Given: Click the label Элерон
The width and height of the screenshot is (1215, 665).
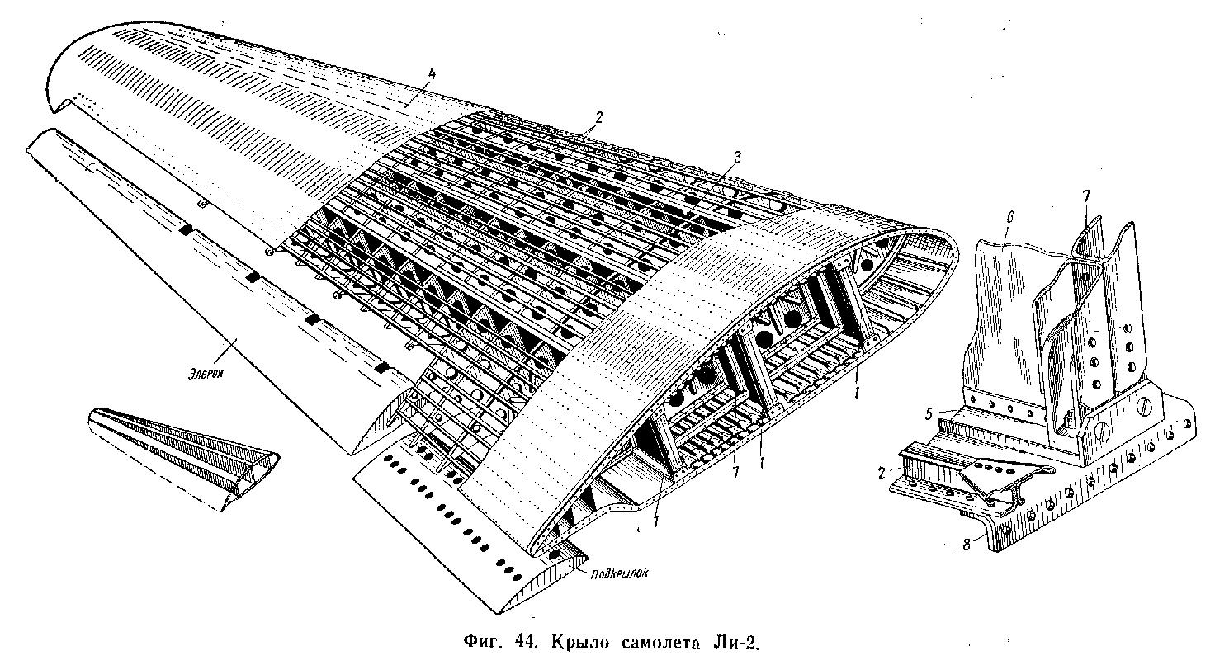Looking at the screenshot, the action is (x=206, y=374).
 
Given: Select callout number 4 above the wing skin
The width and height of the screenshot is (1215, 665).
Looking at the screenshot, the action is (x=431, y=75).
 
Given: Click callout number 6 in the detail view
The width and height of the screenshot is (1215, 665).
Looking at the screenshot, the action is (x=1009, y=217).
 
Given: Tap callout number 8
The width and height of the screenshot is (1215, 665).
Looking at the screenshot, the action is (x=966, y=545).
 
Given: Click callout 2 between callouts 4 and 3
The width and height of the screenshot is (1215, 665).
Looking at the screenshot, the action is (x=598, y=116).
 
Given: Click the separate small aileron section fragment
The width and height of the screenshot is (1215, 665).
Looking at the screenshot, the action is (x=184, y=458).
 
